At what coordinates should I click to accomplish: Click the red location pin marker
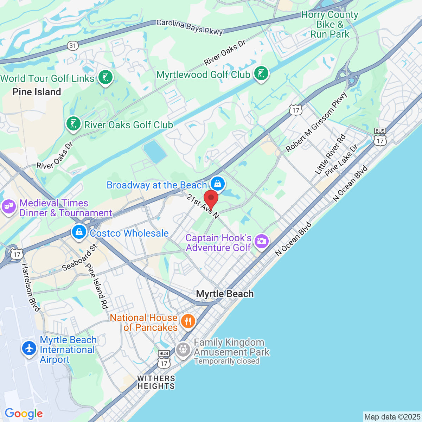[x=211, y=199]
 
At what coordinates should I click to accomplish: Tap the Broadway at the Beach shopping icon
[x=218, y=183]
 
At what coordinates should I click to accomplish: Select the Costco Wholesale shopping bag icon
[x=79, y=232]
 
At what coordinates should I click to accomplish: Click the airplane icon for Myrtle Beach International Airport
[x=29, y=348]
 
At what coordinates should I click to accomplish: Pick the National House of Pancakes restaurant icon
[x=188, y=321]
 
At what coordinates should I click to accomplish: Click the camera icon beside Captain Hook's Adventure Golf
[x=261, y=241]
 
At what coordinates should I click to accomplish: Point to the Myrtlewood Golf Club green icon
[x=261, y=73]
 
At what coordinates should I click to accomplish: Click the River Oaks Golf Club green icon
[x=73, y=123]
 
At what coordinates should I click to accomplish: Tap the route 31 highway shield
[x=72, y=46]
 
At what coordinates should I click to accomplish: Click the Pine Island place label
[x=37, y=92]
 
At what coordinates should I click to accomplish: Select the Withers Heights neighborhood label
[x=156, y=382]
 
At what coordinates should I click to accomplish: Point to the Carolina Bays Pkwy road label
[x=190, y=27]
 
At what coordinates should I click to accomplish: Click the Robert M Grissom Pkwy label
[x=316, y=122]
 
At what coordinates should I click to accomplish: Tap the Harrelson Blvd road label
[x=31, y=287]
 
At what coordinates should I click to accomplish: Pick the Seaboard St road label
[x=79, y=257]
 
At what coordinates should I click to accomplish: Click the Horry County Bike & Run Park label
[x=330, y=25]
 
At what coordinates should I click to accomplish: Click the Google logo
[x=24, y=414]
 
